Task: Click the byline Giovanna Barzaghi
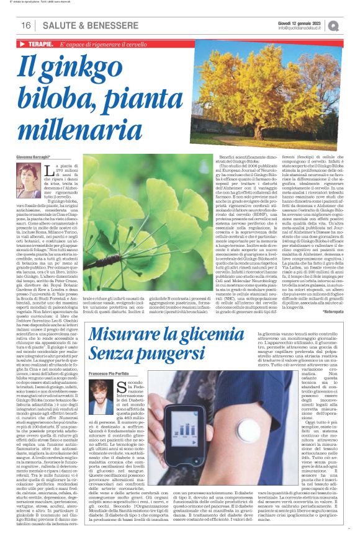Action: [40, 177]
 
